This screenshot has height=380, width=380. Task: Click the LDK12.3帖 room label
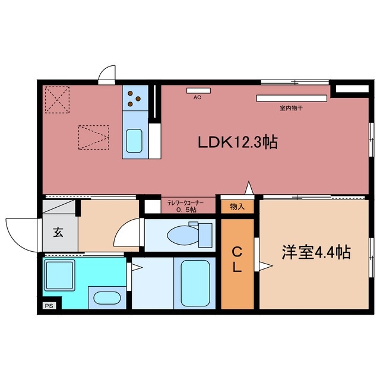pos(238,142)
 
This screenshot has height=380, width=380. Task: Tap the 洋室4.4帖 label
pos(315,252)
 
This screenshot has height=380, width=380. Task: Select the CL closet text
pos(236,258)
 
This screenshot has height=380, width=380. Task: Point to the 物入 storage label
pos(237,206)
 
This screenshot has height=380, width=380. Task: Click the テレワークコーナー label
pos(185,203)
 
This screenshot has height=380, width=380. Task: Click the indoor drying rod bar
pos(292,97)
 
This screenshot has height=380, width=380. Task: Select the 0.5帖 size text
pos(185,210)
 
